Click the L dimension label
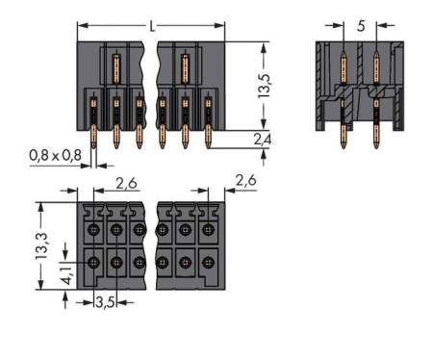click(152, 26)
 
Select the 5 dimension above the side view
click(361, 27)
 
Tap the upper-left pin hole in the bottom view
click(94, 229)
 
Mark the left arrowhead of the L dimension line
click(81, 26)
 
